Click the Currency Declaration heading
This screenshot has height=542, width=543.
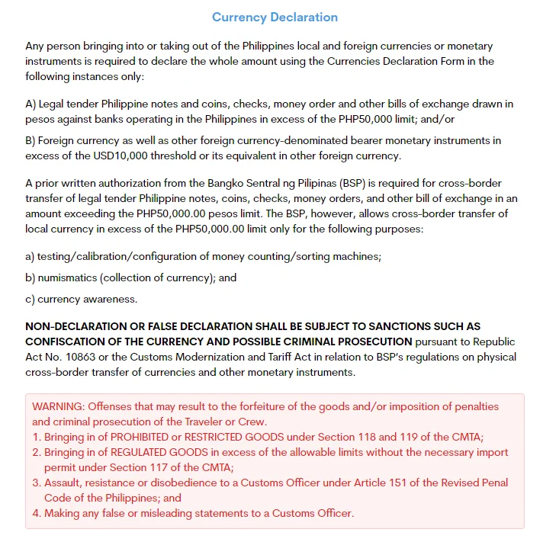point(275,17)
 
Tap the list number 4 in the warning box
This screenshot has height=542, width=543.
point(36,513)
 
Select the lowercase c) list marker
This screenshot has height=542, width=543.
point(30,299)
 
